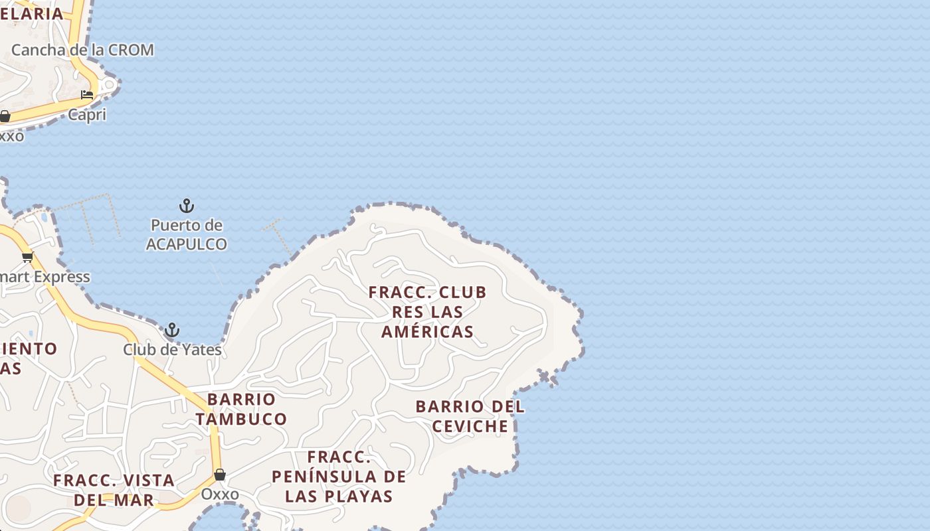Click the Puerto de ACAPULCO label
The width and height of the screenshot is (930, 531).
tap(187, 234)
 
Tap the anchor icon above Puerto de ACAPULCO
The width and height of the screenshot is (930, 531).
tap(187, 206)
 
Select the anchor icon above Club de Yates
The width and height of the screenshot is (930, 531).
tap(172, 330)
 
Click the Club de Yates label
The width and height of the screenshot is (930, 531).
tap(172, 349)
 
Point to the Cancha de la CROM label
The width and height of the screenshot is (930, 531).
tap(82, 50)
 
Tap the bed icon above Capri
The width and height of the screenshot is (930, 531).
tap(87, 95)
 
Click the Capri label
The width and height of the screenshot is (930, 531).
tap(87, 115)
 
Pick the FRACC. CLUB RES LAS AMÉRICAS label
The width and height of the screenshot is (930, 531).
tap(428, 311)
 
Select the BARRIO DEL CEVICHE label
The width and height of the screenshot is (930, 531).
tap(470, 416)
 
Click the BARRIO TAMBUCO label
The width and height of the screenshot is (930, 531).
tap(241, 409)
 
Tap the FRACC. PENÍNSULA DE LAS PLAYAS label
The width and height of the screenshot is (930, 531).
tap(339, 476)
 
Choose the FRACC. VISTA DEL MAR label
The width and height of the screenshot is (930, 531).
tap(114, 489)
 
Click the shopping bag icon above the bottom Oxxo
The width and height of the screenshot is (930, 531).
tap(220, 475)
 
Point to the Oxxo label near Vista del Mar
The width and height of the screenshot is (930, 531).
tap(220, 494)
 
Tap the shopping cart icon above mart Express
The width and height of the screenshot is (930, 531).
tap(27, 257)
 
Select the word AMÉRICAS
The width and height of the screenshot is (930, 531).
tap(428, 331)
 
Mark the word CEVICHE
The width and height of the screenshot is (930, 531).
tap(470, 426)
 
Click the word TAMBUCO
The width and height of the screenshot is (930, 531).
tap(241, 419)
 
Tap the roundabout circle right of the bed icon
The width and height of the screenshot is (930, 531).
tap(108, 86)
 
